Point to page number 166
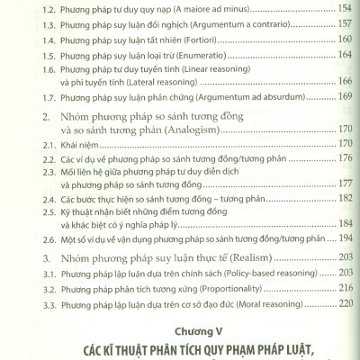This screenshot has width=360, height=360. point(337,91)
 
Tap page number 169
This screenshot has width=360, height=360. point(337,107)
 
